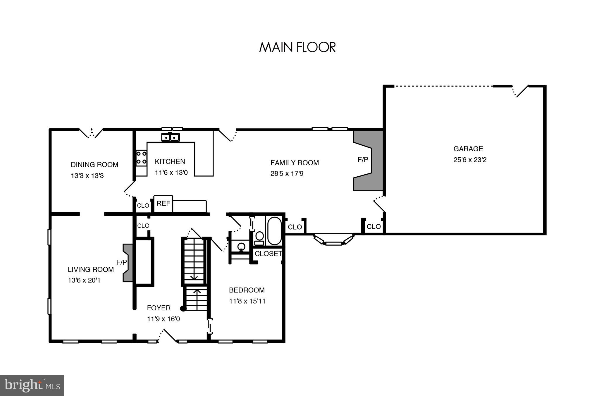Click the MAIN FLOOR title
[297, 47]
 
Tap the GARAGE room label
[468, 149]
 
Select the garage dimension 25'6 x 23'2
[470, 160]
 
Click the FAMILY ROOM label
[295, 163]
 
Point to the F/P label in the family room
[363, 160]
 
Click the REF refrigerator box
[163, 204]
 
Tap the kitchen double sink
[170, 137]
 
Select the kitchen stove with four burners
[141, 158]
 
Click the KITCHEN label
[170, 161]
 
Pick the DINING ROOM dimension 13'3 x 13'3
[87, 176]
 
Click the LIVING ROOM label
[91, 269]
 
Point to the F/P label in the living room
[121, 262]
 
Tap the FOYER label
[159, 308]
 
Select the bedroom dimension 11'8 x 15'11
[247, 301]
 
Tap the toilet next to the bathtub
[259, 238]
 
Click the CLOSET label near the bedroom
[268, 254]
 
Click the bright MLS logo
[32, 385]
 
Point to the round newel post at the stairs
[183, 308]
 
